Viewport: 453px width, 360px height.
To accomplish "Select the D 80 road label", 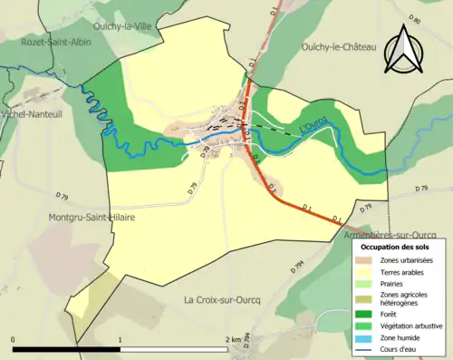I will pos(415,19).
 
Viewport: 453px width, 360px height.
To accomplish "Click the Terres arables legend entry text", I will pos(406,272).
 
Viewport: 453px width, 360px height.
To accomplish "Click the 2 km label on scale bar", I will pos(234,339).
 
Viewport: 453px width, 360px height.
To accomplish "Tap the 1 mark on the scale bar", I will pos(120,339).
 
